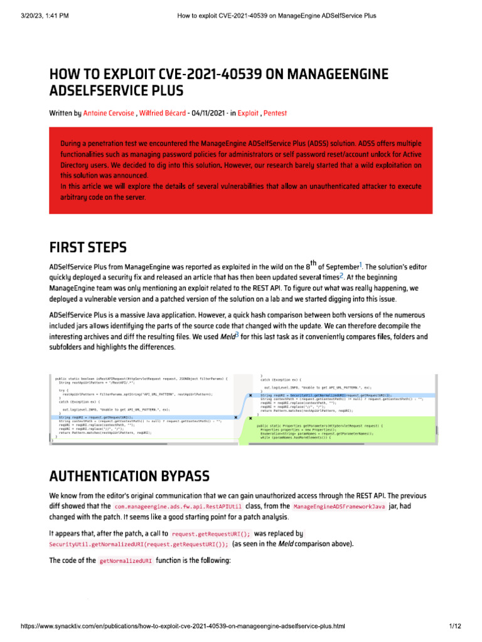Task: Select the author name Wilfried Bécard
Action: click(162, 113)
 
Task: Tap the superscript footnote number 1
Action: click(360, 264)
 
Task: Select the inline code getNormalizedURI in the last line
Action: click(122, 561)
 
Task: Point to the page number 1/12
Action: click(455, 626)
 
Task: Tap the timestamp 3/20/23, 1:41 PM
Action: click(38, 15)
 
